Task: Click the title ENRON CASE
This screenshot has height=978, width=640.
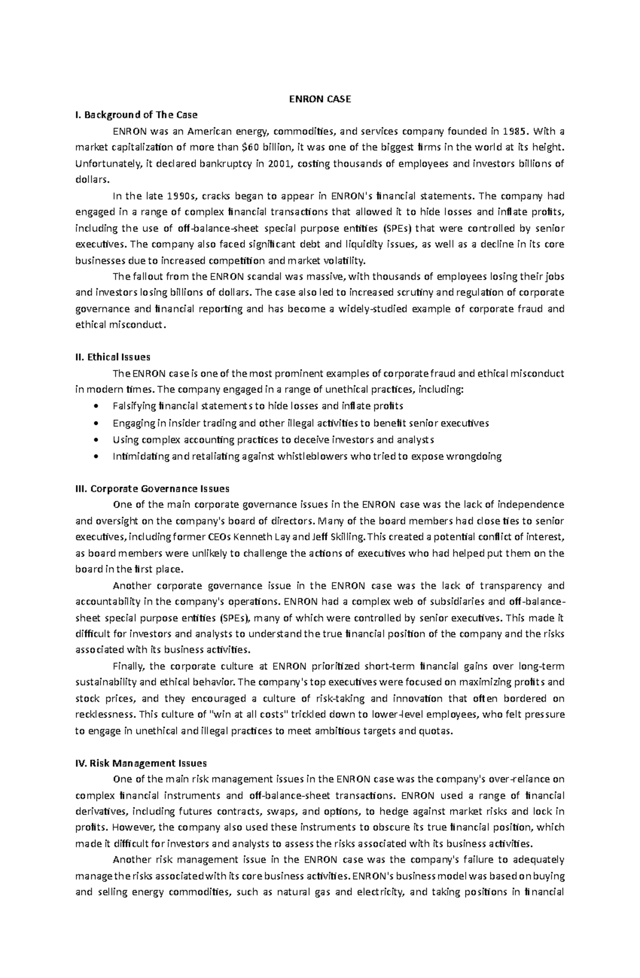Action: (x=319, y=99)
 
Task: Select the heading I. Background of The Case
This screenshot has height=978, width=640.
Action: (x=137, y=115)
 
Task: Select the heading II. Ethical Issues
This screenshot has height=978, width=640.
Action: (x=113, y=357)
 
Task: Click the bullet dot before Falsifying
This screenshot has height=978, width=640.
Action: (x=96, y=406)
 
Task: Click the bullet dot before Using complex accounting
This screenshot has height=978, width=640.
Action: (x=96, y=440)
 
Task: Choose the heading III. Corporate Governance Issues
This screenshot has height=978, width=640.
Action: (x=153, y=488)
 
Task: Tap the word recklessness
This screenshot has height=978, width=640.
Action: (x=106, y=714)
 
